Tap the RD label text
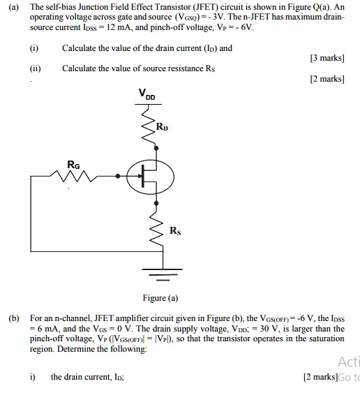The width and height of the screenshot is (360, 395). pos(162,128)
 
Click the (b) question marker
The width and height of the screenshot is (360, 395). pos(14,318)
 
